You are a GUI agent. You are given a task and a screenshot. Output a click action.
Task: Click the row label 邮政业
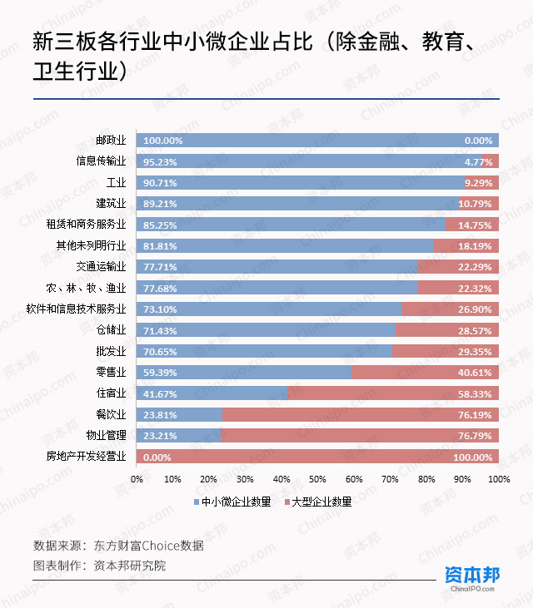pyautogui.click(x=110, y=141)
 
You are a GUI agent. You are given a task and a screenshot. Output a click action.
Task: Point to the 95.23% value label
pyautogui.click(x=163, y=161)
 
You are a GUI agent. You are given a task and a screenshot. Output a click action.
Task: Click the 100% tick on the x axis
pyautogui.click(x=498, y=479)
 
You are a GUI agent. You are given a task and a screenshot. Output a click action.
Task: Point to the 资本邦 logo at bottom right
pyautogui.click(x=471, y=576)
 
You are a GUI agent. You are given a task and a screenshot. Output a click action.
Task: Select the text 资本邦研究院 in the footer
pyautogui.click(x=130, y=566)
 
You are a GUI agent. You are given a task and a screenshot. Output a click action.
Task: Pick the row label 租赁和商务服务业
pyautogui.click(x=86, y=225)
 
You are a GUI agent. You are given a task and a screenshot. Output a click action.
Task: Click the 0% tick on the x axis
pyautogui.click(x=137, y=479)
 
